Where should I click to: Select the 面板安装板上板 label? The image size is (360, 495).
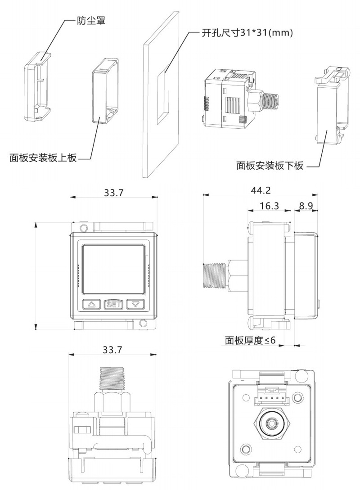point(43,158)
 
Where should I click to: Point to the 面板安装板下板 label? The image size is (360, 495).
point(270,166)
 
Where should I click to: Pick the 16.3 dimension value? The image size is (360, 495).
point(270,206)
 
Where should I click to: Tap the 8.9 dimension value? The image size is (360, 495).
point(306,206)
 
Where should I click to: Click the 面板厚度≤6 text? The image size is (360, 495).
point(250,340)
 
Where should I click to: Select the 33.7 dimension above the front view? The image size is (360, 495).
point(114,192)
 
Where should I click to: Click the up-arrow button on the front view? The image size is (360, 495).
point(92,304)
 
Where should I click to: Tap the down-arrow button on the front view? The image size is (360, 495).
point(135,304)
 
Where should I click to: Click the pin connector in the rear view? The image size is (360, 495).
point(271,396)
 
